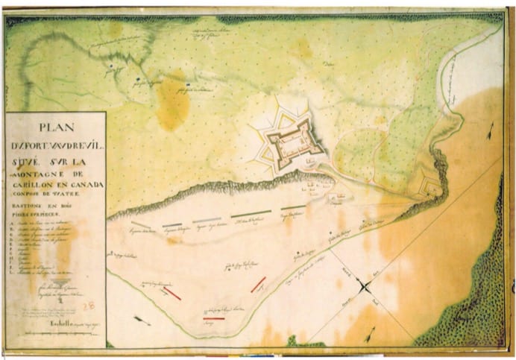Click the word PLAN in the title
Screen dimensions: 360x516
point(55,126)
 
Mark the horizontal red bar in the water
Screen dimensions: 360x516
point(214,318)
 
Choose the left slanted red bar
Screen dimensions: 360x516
point(172,294)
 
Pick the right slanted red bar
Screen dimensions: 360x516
point(258,284)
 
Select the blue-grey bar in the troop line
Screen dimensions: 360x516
point(172,224)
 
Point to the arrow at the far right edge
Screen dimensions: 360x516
point(489,135)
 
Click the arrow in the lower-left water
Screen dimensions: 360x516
point(142,321)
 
